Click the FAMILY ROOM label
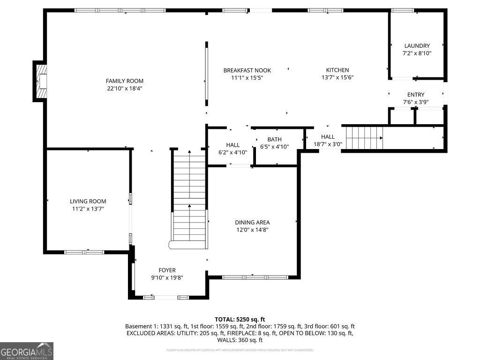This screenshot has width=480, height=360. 124,81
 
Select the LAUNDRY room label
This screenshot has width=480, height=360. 417,46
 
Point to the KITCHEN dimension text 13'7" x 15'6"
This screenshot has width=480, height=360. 337,78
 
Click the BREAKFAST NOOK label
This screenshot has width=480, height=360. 247,70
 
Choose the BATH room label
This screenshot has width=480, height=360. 274,139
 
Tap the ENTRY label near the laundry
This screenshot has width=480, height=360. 415,95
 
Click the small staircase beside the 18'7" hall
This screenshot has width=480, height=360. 364,138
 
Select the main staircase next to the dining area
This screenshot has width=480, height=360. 189,199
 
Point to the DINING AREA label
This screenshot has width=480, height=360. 252,222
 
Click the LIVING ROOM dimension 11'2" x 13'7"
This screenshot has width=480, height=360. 88,209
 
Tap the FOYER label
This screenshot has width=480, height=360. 167,270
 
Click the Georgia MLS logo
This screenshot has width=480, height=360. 27,351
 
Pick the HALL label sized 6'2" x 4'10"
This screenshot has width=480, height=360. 232,145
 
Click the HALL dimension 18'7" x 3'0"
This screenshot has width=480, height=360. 328,144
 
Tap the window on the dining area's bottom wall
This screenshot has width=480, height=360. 255,277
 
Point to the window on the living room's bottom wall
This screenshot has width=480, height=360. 84,252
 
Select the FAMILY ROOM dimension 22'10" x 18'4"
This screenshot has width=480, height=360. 124,88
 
